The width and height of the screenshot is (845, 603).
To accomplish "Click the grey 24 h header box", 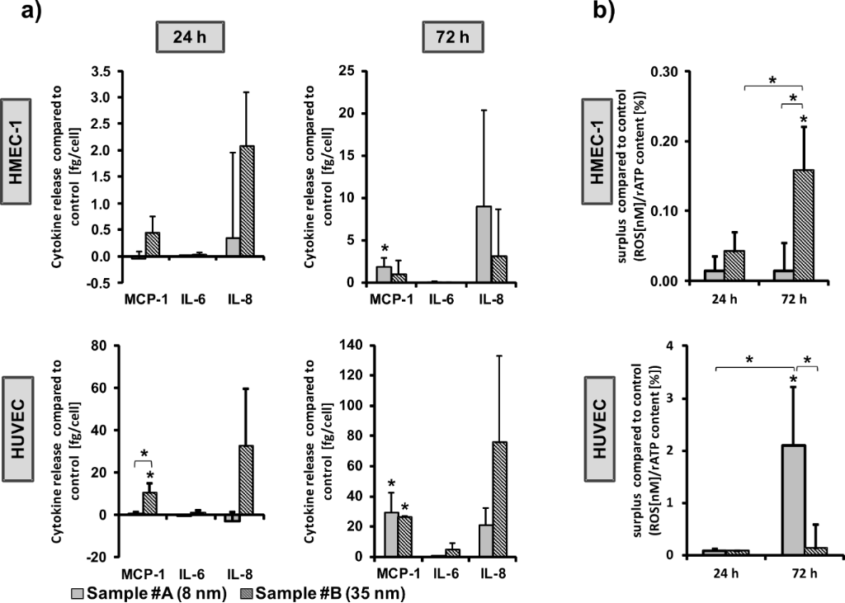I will [x=184, y=40].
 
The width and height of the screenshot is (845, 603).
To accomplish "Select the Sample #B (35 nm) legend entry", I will [x=328, y=591].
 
